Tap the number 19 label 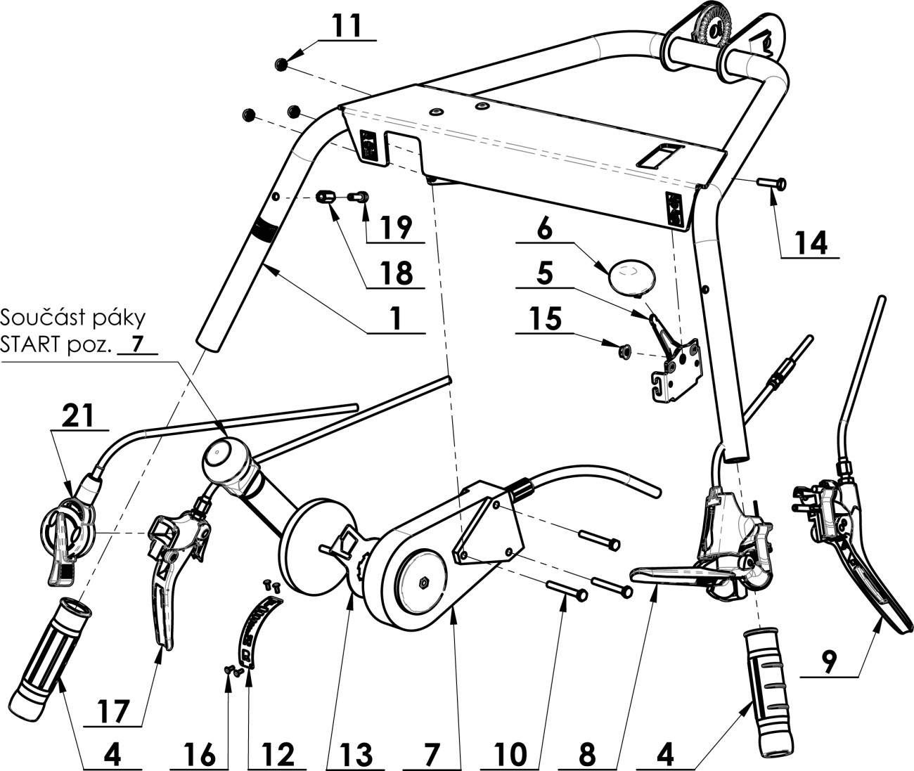[x=395, y=227]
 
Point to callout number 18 [x=395, y=273]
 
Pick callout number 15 [x=545, y=318]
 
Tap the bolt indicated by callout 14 [x=772, y=184]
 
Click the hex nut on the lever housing [x=424, y=582]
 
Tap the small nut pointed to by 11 [x=281, y=65]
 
